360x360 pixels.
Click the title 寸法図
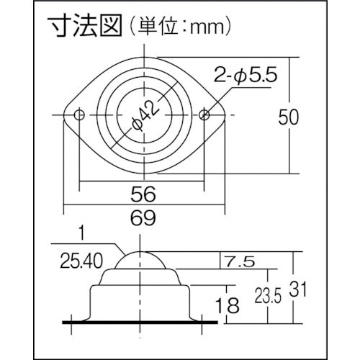(x=85, y=26)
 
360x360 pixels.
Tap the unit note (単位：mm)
(x=179, y=27)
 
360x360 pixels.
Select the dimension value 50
(x=288, y=117)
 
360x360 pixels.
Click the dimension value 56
(x=143, y=194)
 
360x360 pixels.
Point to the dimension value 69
(x=143, y=217)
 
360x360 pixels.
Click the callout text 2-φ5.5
(x=246, y=75)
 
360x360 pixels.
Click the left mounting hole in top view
(x=79, y=115)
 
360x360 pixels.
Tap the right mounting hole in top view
(x=204, y=115)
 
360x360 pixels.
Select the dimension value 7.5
(x=239, y=261)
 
